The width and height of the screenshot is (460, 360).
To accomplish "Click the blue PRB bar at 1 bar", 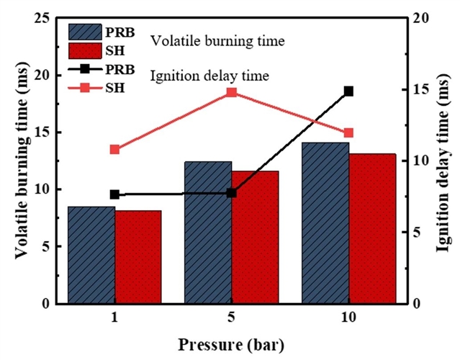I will click(91, 255).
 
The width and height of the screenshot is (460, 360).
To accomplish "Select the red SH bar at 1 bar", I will click(138, 257).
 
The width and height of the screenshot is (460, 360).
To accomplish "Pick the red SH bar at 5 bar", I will click(255, 237).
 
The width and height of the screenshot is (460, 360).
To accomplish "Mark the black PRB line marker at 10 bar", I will click(349, 91).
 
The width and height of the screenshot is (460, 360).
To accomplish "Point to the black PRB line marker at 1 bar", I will click(114, 194).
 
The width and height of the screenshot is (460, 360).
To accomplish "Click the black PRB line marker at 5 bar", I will click(232, 193).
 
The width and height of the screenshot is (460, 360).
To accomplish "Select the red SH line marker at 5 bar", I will click(232, 92).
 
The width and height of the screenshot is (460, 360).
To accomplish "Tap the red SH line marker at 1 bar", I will click(114, 150).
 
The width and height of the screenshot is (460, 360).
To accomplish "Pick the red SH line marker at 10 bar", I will click(349, 133).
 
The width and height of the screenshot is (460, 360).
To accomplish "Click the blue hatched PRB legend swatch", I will click(87, 32).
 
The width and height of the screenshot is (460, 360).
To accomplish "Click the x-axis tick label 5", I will click(232, 318).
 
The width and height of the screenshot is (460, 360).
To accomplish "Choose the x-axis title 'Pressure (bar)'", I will click(230, 343).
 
